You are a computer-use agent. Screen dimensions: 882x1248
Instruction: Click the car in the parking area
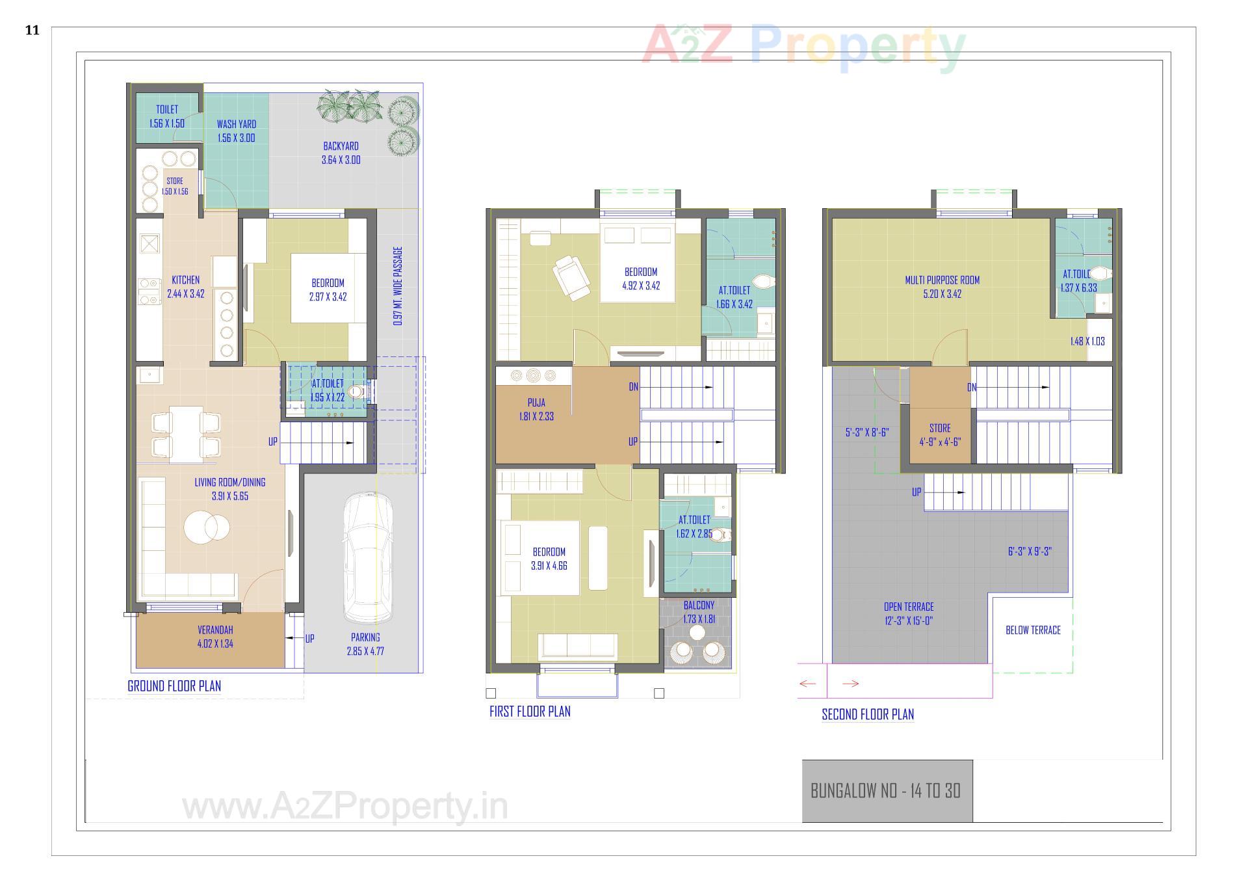point(367,558)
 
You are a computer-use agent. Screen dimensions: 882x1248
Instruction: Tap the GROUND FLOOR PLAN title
point(174,686)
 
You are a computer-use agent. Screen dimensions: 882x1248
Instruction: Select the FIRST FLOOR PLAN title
point(530,712)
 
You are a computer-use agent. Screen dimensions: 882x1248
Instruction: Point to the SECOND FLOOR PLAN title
point(868,715)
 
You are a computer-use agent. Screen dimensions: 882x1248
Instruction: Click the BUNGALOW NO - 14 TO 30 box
point(887,791)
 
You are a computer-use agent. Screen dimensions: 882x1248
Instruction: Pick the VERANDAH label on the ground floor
point(215,630)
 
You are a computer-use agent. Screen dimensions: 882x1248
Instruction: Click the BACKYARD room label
point(341,146)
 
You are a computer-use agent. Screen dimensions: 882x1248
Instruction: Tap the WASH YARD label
point(236,124)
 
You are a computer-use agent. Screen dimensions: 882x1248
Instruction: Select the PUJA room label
point(536,403)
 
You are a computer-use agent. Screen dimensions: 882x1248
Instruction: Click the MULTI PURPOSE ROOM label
point(942,280)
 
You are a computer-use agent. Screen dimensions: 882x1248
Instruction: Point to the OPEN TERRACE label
point(909,607)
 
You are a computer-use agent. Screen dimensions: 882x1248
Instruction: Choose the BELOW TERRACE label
point(1033,630)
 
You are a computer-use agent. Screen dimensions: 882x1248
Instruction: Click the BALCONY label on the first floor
point(699,606)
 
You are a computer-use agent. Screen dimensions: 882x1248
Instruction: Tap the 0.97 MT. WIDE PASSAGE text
point(398,286)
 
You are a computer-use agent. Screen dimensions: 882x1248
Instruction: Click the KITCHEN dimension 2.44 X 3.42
point(186,294)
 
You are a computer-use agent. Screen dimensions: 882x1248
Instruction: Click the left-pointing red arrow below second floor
point(807,684)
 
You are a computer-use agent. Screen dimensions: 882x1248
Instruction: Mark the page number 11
point(32,30)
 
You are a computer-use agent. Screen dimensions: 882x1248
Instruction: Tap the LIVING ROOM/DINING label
point(230,483)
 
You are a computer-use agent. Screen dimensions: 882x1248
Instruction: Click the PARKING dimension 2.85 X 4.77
point(365,651)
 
